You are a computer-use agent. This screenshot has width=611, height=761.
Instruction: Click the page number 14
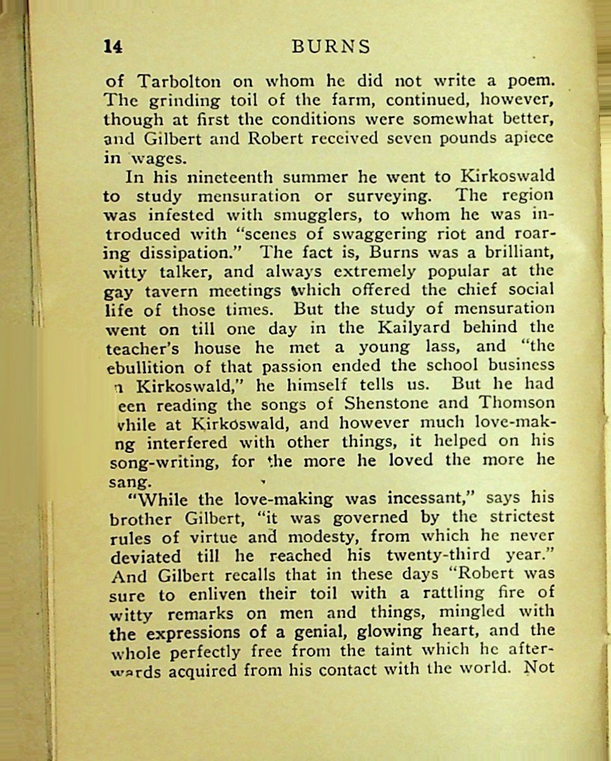tap(113, 46)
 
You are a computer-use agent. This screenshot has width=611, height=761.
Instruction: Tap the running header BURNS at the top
tap(330, 46)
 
